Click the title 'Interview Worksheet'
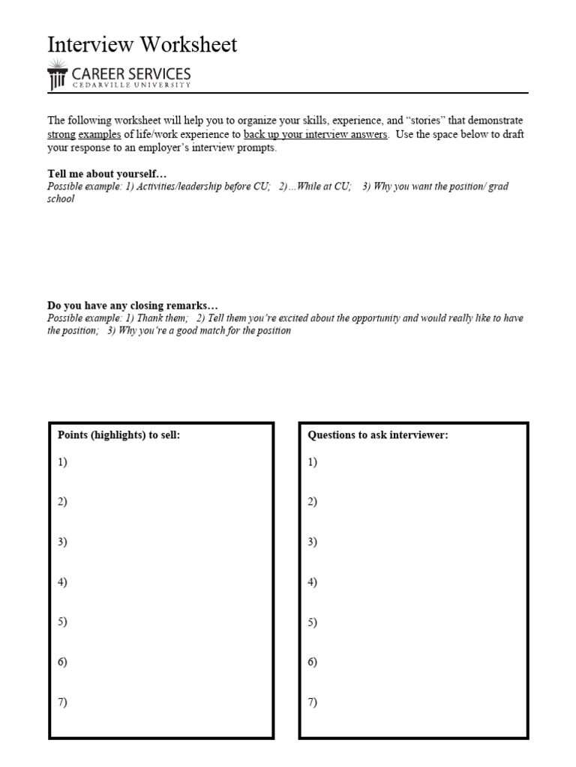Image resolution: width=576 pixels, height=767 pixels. [x=142, y=45]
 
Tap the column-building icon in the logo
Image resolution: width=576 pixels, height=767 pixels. [x=57, y=77]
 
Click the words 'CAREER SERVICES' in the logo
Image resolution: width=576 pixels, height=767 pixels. [x=131, y=74]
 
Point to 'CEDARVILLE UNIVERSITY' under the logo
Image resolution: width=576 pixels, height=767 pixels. [x=131, y=85]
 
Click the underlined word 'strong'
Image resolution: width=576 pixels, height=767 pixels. [x=61, y=135]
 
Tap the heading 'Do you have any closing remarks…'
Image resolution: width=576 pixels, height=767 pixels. [x=133, y=306]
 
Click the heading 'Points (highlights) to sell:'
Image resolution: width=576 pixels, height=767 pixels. [x=119, y=435]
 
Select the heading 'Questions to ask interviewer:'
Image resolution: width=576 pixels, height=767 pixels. [x=378, y=435]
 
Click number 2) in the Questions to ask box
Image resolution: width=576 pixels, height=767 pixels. [x=313, y=502]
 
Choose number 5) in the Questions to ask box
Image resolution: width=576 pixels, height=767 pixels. [x=313, y=622]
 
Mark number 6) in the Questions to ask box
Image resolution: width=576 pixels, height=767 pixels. [x=313, y=662]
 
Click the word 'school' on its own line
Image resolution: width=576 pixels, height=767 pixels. [x=61, y=200]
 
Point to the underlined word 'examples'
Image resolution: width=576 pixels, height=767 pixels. [x=100, y=135]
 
